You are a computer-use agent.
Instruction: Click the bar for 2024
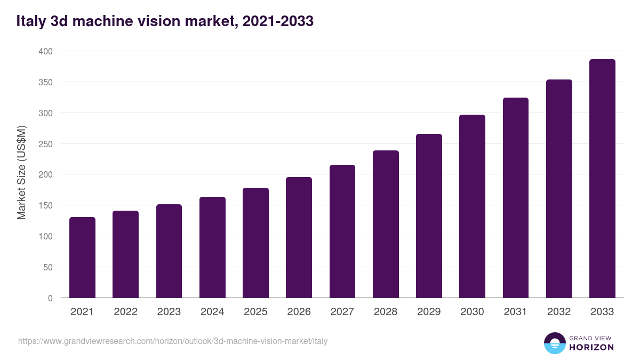point(212,247)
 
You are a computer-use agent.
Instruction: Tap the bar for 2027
point(342,231)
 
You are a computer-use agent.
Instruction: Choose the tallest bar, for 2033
point(602,179)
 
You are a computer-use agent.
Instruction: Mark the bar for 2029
point(429,216)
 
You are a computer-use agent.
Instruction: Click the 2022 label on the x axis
point(125,312)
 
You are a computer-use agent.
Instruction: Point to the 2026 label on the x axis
point(299,312)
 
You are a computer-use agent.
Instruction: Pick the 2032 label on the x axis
point(559,312)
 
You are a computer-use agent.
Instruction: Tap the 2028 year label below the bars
point(386,312)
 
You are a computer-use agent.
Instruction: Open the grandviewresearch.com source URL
point(173,341)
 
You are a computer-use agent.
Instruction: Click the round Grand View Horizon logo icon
point(554,343)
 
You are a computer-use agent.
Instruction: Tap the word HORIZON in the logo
point(591,347)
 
